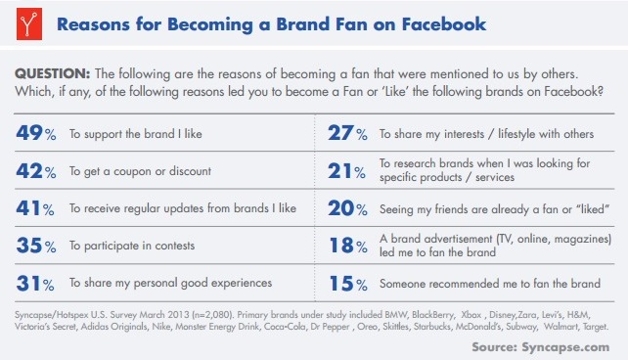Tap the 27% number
[x=345, y=133]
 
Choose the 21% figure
[x=345, y=171]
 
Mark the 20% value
[x=345, y=208]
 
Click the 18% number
[x=345, y=246]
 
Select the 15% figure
[x=345, y=284]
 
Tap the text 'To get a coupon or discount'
[x=141, y=172]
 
